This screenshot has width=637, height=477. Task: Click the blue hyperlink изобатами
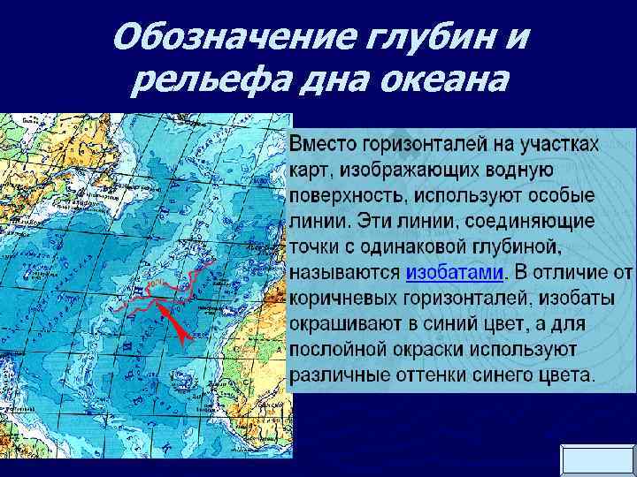tap(455, 272)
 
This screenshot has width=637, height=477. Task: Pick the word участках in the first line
tap(559, 144)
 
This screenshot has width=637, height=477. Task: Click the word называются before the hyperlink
tap(346, 272)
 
